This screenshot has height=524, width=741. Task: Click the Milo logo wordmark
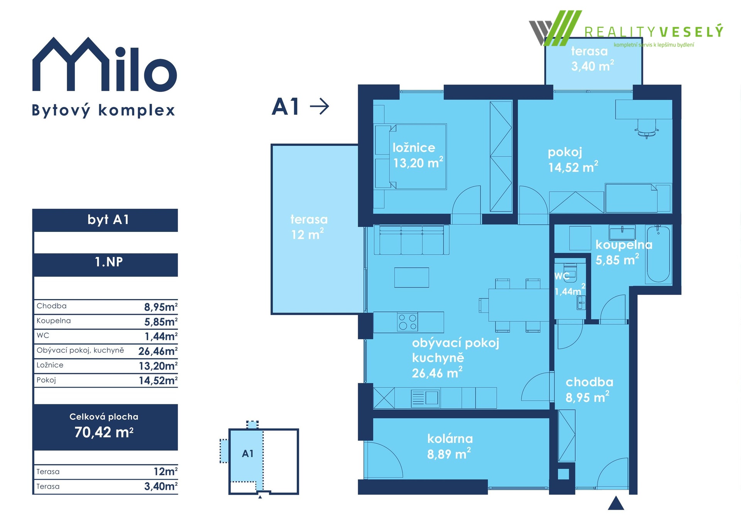tap(105, 64)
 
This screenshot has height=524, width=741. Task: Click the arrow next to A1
tap(320, 106)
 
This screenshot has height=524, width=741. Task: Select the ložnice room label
tap(414, 147)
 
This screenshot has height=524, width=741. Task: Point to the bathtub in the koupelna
tap(658, 255)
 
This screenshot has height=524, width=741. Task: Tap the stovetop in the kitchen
tap(408, 322)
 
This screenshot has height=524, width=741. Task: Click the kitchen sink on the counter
tap(425, 398)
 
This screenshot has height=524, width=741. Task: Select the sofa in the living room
tap(411, 240)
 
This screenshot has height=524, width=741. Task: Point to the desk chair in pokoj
tap(646, 129)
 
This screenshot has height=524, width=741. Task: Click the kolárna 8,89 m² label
tap(450, 446)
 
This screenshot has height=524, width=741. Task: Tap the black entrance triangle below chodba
tap(616, 503)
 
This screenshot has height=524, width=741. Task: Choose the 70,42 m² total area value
tap(104, 433)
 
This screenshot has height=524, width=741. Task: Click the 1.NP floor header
tap(109, 262)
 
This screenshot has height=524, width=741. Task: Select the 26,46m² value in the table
tap(158, 351)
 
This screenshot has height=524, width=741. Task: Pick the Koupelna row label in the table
tap(54, 321)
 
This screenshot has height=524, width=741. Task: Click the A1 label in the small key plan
tap(248, 454)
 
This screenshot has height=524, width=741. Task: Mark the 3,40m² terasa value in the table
tap(161, 486)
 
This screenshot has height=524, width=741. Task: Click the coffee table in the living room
tap(411, 277)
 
